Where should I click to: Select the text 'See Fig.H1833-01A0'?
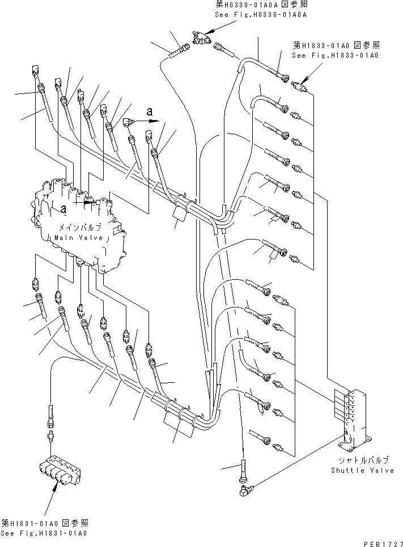click(336, 55)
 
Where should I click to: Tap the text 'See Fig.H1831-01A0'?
click(45, 533)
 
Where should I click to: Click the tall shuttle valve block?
click(351, 411)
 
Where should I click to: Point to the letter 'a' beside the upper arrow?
click(150, 112)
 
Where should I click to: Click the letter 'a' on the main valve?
click(63, 209)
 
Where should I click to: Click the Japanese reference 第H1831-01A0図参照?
click(45, 523)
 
